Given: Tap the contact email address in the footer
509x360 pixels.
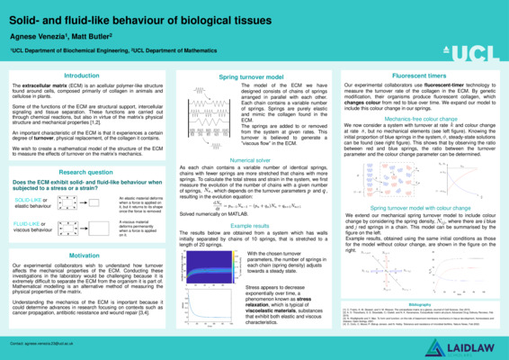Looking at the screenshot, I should pyautogui.click(x=67, y=343).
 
